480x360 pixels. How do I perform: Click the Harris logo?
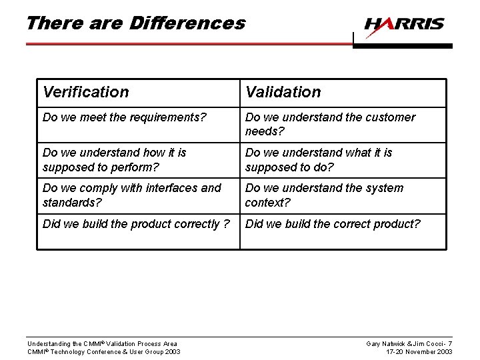[x=404, y=25]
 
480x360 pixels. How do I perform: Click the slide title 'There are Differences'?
[x=135, y=23]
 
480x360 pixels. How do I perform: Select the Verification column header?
[x=86, y=92]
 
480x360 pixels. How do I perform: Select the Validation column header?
[x=283, y=92]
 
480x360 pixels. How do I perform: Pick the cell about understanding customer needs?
[x=330, y=124]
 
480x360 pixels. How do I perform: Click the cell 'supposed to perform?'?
[x=114, y=159]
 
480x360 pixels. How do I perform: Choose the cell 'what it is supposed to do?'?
[x=319, y=159]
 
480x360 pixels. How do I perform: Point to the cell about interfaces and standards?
[x=131, y=195]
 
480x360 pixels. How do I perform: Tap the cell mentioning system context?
[x=324, y=195]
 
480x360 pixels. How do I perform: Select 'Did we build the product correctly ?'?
[x=136, y=224]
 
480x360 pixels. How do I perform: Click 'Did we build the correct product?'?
[x=333, y=224]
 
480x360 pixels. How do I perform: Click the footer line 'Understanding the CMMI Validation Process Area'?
[x=102, y=344]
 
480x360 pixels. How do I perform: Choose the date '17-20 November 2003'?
[x=420, y=352]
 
